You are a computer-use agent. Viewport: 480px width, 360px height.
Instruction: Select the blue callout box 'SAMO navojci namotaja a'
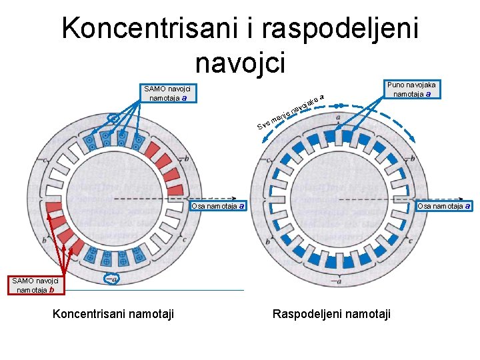[x=167, y=93]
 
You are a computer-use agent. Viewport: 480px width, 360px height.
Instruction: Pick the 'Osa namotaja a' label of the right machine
[x=444, y=206]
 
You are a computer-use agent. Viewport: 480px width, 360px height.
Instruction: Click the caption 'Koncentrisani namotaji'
[x=113, y=313]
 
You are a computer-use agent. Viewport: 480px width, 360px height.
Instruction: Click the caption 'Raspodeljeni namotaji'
[x=331, y=313]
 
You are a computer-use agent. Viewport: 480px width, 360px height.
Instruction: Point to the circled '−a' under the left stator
[x=112, y=279]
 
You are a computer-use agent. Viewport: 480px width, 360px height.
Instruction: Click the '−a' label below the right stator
[x=339, y=282]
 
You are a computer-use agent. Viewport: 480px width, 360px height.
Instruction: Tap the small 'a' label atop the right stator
[x=338, y=119]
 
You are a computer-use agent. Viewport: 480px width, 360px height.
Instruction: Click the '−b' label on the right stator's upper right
[x=412, y=159]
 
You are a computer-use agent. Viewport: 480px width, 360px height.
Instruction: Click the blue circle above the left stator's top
[x=115, y=119]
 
